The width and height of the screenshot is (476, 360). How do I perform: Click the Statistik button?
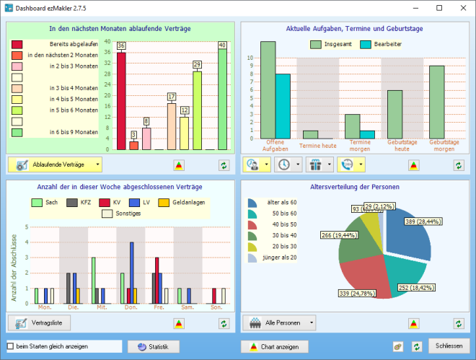click(x=153, y=347)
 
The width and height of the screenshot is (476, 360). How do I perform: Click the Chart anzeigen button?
click(x=275, y=347)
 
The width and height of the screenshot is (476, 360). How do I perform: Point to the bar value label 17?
click(x=171, y=97)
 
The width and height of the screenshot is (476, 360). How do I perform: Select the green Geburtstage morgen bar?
click(x=437, y=102)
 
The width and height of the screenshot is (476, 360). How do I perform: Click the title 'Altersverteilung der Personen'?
click(x=354, y=187)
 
